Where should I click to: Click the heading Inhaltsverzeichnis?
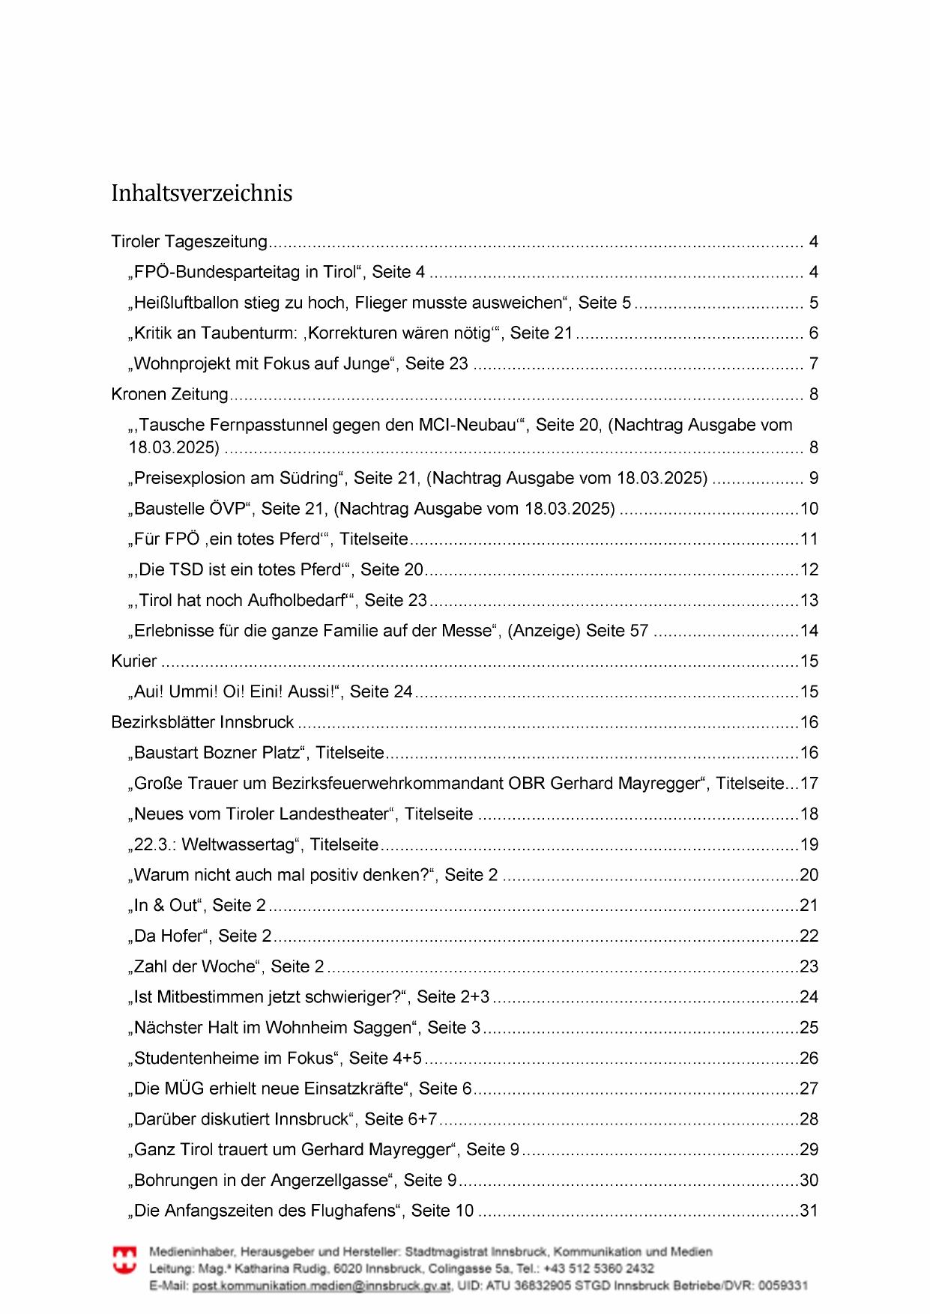pyautogui.click(x=202, y=193)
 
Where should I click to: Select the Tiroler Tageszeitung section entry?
pyautogui.click(x=189, y=242)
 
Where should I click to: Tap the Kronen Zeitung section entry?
pyautogui.click(x=169, y=394)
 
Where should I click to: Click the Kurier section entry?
pyautogui.click(x=134, y=661)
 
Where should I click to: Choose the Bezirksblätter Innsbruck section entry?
pyautogui.click(x=202, y=722)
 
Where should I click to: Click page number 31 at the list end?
pyautogui.click(x=809, y=1211)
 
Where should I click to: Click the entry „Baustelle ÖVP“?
pyautogui.click(x=190, y=509)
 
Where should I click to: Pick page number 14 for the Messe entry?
pyautogui.click(x=809, y=631)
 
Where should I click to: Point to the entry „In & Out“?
pyautogui.click(x=166, y=906)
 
